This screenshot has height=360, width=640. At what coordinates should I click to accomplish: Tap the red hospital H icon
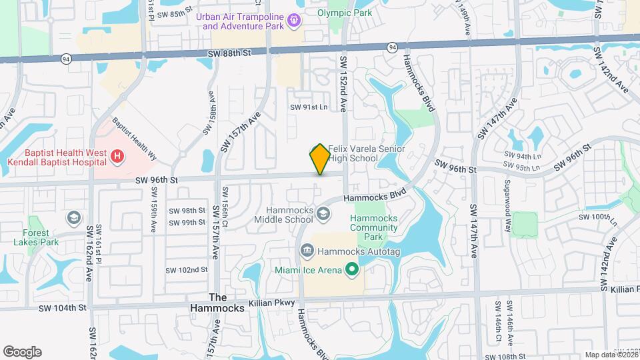[118, 157]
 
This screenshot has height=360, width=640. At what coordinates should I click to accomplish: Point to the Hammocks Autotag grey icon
[307, 251]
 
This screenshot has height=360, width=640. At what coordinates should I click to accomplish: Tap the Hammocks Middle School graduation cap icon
[323, 213]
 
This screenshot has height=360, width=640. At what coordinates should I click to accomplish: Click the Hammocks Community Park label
[374, 227]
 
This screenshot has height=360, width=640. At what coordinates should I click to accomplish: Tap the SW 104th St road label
[63, 307]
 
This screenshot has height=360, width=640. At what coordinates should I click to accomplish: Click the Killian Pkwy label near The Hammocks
[271, 303]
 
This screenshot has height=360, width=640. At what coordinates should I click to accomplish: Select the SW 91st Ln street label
[309, 107]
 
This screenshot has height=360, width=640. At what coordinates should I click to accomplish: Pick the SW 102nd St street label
[187, 269]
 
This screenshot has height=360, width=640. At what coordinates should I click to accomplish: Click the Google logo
[22, 351]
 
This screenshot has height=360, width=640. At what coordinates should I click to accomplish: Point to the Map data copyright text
[609, 355]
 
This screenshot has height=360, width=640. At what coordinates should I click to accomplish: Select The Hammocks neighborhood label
[209, 303]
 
